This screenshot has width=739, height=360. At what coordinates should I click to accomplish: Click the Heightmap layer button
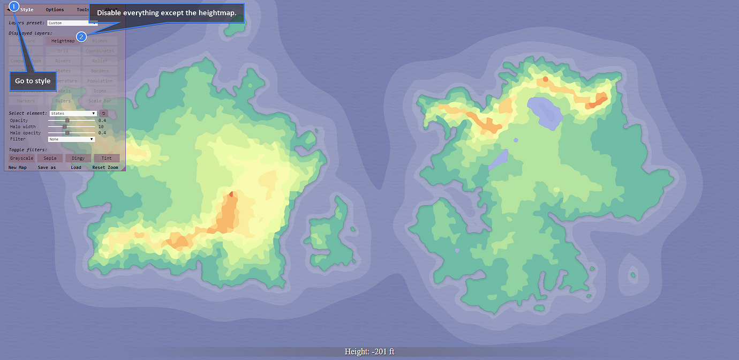tap(63, 41)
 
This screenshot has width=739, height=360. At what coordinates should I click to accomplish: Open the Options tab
tap(55, 10)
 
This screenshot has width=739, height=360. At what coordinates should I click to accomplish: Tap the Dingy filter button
tap(78, 158)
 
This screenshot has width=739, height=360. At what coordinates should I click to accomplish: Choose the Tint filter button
tap(107, 158)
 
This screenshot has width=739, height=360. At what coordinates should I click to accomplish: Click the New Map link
tap(18, 168)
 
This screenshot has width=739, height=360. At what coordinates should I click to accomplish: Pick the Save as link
tap(47, 168)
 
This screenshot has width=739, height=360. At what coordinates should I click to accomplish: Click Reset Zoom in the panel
tap(105, 168)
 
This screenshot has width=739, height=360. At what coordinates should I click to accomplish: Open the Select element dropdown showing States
tap(73, 114)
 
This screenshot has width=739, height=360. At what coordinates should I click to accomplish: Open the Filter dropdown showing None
tap(71, 139)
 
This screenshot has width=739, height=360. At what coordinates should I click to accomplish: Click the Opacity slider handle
tap(67, 121)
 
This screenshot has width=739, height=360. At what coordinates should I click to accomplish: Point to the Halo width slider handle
tap(65, 127)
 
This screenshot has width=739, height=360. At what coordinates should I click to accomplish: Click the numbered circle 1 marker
tap(14, 6)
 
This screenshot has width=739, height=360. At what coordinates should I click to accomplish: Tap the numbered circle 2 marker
tap(81, 36)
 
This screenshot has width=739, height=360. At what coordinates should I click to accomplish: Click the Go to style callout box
tap(33, 81)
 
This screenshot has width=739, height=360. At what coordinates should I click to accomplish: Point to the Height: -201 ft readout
tap(369, 352)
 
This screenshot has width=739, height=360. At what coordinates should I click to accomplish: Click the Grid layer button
tap(63, 51)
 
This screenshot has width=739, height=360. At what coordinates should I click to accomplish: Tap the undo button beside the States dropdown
tap(104, 114)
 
